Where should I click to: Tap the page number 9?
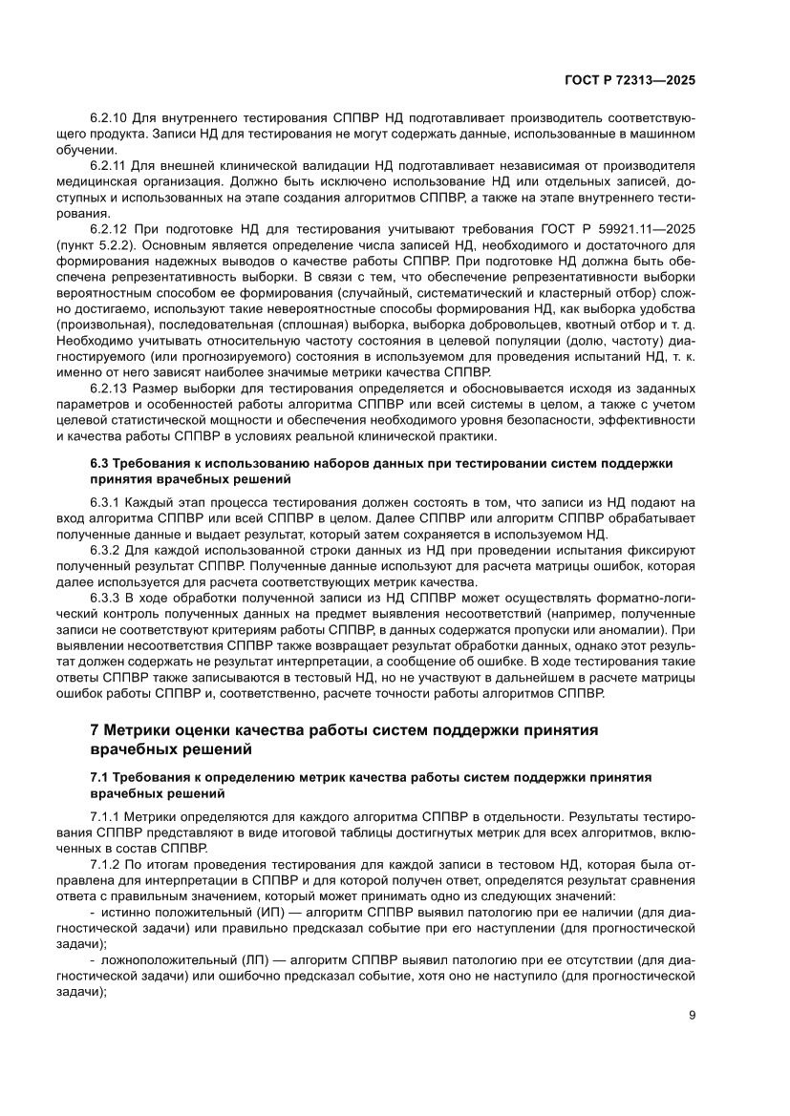point(692,1016)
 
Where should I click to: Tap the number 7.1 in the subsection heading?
point(100,777)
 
